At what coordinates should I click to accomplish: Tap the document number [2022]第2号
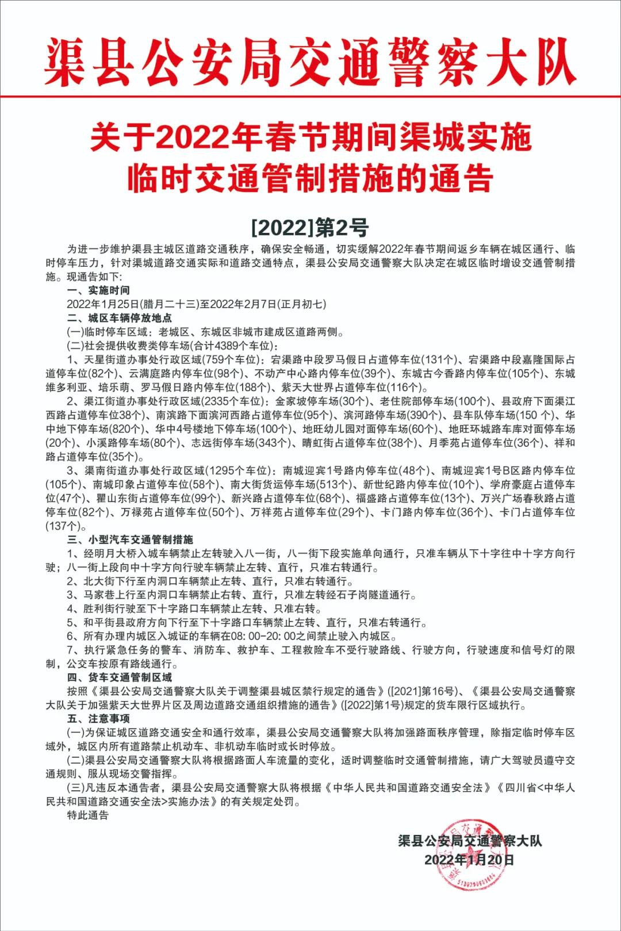click(310, 228)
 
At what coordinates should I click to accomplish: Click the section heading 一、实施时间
click(98, 290)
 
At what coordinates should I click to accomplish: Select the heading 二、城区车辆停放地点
click(120, 318)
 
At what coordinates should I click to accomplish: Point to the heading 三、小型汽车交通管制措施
click(130, 539)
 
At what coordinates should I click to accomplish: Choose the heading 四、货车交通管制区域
click(120, 677)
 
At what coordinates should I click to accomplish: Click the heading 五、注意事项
click(98, 719)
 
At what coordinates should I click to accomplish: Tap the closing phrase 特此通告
click(88, 815)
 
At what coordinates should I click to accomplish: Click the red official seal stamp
click(470, 854)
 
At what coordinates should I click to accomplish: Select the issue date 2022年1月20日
click(469, 860)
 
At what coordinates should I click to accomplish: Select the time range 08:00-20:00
click(262, 636)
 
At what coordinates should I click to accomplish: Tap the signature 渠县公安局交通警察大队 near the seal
click(470, 841)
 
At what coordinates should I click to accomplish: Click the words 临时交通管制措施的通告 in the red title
click(310, 178)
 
